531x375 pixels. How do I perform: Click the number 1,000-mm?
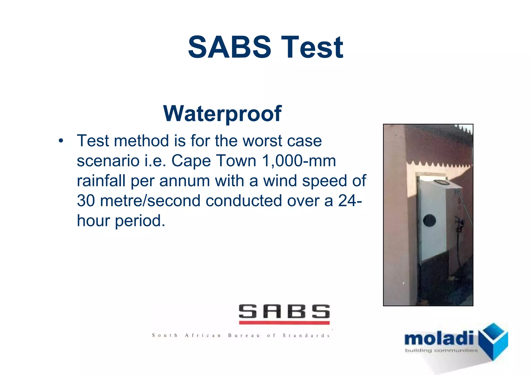point(299,161)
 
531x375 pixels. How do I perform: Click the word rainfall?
point(101,181)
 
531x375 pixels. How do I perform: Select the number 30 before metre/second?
point(86,201)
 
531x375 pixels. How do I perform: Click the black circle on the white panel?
point(429,221)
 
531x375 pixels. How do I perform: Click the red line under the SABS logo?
point(284,323)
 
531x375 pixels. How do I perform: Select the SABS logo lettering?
point(284,312)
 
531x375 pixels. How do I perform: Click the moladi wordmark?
point(439,338)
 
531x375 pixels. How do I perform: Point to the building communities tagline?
point(441,351)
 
